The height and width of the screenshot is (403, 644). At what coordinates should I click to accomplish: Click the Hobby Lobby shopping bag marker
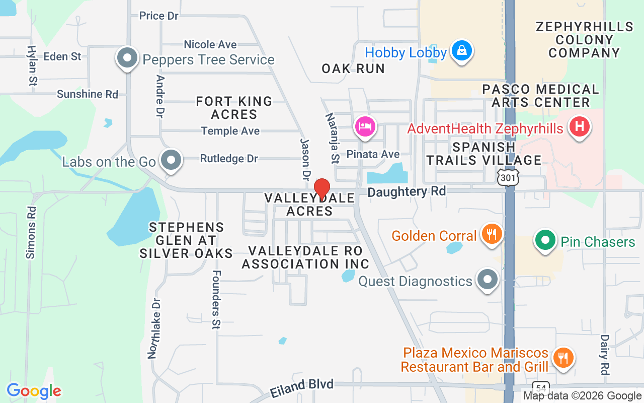pos(460,51)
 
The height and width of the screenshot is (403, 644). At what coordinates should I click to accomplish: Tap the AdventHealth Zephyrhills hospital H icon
pos(579,126)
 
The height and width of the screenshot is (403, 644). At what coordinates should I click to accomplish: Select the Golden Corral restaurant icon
pos(489,234)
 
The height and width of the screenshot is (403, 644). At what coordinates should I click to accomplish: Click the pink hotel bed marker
pos(366,126)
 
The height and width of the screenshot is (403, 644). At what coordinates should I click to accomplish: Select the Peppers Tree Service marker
pos(127,58)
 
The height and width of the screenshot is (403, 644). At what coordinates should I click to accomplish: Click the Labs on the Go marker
pos(171,161)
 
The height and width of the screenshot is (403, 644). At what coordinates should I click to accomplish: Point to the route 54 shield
pos(541,388)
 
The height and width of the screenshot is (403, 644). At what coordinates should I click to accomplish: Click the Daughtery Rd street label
pos(407,191)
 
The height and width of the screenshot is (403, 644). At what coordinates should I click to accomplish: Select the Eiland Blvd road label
pos(301,388)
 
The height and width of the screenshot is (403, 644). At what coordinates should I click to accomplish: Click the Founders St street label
pos(216,299)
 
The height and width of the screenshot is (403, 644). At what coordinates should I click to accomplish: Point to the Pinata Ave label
pos(373,154)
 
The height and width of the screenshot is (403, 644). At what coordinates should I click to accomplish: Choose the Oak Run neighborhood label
pos(353,69)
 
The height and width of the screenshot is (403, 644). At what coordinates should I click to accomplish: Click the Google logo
pos(34,391)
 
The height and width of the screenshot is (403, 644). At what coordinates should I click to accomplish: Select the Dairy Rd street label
pos(605,355)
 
